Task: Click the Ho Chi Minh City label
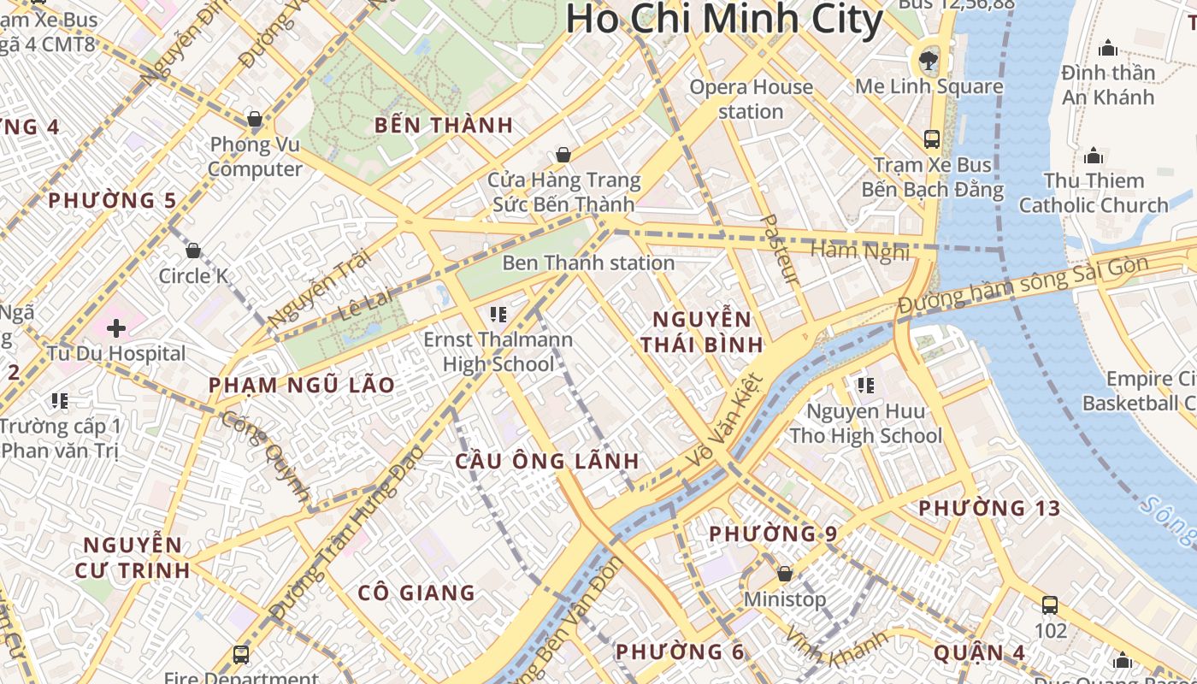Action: (x=723, y=19)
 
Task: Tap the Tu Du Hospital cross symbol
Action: (x=116, y=327)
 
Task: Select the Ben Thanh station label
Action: (x=588, y=262)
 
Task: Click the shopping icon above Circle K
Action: (x=193, y=251)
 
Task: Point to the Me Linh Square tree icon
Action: (x=928, y=60)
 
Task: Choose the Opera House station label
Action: (x=751, y=99)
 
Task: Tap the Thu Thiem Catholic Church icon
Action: (x=1093, y=156)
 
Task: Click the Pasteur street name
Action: (x=779, y=249)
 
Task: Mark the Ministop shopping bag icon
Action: (x=784, y=574)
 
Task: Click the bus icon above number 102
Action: (x=1050, y=605)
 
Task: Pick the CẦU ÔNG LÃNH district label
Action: (x=547, y=461)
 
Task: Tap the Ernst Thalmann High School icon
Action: (x=498, y=315)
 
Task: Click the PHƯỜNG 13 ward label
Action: (x=989, y=508)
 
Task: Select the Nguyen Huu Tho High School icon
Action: (x=866, y=386)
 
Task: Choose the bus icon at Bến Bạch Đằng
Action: (x=931, y=139)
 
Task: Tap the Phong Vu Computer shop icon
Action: (x=254, y=118)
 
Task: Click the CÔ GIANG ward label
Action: (x=416, y=593)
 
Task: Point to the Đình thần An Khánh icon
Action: (x=1108, y=48)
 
